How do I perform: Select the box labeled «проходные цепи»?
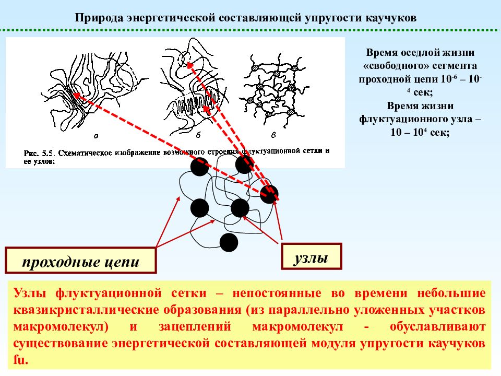tap(81, 261)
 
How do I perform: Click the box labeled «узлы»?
tap(312, 256)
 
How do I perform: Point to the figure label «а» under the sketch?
tap(96, 136)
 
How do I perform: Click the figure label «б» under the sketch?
tap(198, 135)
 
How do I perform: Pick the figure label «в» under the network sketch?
tap(273, 135)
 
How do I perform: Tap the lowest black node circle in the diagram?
tap(229, 242)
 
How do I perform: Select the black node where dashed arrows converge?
tap(269, 194)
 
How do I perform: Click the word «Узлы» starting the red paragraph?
tap(30, 293)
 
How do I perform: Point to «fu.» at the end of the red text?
tap(21, 360)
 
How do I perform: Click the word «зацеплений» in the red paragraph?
tap(195, 326)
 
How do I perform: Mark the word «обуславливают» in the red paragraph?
tap(438, 326)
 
